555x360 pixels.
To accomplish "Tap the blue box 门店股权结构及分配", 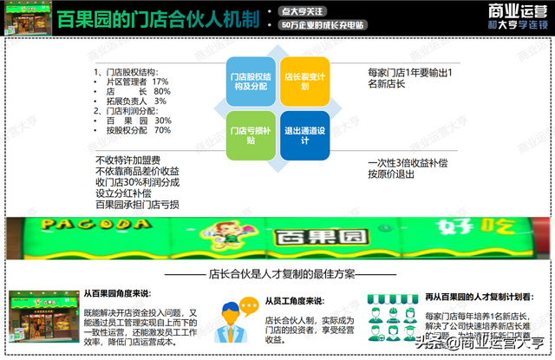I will [x=250, y=82].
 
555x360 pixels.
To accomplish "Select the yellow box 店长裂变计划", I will [x=304, y=82].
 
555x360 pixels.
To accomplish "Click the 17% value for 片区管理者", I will [x=161, y=81].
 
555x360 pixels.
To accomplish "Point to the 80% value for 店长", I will [x=161, y=91].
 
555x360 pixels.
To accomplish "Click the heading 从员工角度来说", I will [x=295, y=301].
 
